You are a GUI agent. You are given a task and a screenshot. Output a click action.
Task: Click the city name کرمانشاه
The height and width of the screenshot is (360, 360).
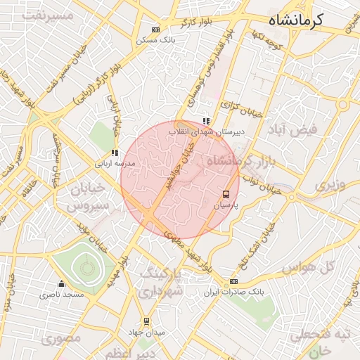pyautogui.click(x=296, y=19)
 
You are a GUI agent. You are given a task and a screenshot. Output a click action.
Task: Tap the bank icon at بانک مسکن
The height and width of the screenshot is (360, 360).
pyautogui.click(x=155, y=30)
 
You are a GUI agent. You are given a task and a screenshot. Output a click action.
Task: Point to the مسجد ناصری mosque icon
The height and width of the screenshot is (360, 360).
pyautogui.click(x=61, y=284)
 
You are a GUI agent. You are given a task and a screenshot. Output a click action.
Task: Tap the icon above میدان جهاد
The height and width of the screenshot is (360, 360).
pyautogui.click(x=146, y=321)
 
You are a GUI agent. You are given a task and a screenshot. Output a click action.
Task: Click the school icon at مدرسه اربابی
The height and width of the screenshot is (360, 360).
pyautogui.click(x=114, y=153)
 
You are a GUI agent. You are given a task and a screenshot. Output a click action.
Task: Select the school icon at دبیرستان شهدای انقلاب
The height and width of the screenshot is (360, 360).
pyautogui.click(x=205, y=121)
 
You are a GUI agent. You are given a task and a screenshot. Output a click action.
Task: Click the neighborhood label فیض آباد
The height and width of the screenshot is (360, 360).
pyautogui.click(x=293, y=129)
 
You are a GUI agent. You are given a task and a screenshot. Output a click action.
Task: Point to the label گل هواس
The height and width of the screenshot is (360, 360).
pyautogui.click(x=307, y=268)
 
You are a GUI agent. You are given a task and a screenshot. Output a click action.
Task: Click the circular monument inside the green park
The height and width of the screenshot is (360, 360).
pyautogui.click(x=87, y=266)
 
